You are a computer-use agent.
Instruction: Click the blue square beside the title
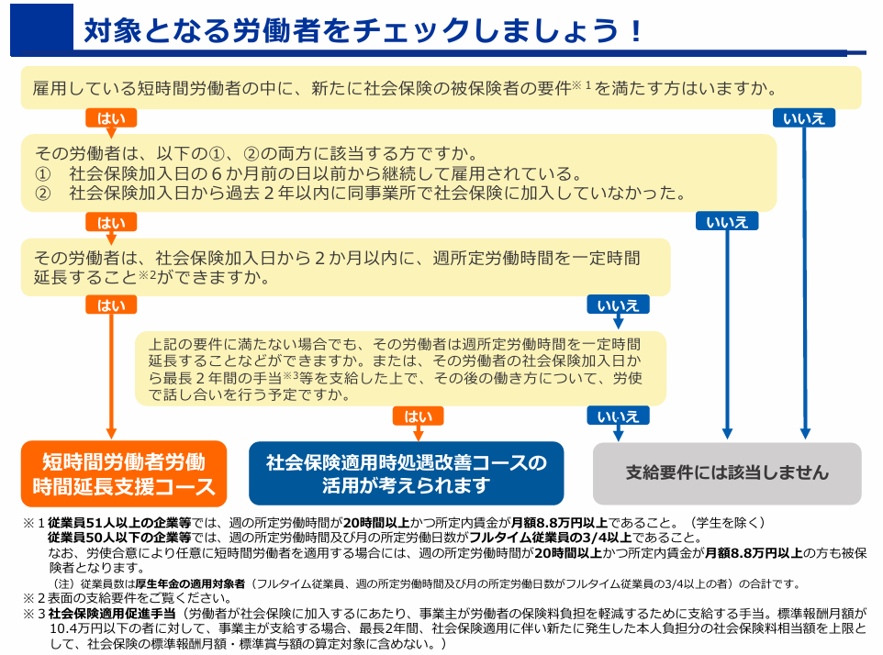coord(41,29)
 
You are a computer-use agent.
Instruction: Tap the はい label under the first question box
coord(111,118)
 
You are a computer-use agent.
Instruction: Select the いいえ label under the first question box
coord(803,118)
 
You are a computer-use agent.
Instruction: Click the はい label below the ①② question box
coord(111,222)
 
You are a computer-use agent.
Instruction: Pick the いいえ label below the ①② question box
coord(727,222)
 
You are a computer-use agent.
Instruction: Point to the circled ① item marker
coord(43,174)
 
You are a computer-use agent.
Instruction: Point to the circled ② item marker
coord(43,194)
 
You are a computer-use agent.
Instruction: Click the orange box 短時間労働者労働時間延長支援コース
coord(124,473)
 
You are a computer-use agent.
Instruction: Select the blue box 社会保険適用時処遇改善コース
coord(406,473)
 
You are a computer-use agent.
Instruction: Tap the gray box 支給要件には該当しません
coord(727,473)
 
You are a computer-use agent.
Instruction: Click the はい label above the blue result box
coord(418,416)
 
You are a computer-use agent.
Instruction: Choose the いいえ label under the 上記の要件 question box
coord(618,416)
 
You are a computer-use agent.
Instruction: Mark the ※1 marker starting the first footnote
coord(34,523)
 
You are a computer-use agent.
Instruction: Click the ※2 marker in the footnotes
coord(34,597)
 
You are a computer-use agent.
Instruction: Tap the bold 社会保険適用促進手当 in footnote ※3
coord(112,613)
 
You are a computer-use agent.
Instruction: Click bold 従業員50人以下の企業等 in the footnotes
coord(119,538)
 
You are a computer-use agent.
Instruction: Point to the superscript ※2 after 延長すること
coord(147,274)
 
